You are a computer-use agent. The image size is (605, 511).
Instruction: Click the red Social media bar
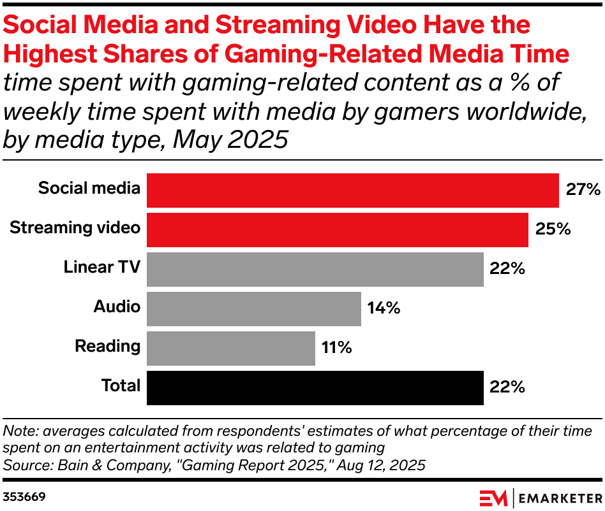[x=352, y=190]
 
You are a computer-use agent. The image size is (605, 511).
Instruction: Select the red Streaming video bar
[x=337, y=229]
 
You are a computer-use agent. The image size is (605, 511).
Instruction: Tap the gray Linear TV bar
[x=315, y=269]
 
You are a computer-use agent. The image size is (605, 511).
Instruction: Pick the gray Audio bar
[x=253, y=308]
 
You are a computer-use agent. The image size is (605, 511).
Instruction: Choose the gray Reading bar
[x=230, y=348]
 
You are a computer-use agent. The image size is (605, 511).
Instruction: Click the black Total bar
[x=315, y=387]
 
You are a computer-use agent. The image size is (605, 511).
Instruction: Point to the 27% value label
[x=583, y=190]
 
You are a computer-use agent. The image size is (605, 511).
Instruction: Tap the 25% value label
[x=552, y=229]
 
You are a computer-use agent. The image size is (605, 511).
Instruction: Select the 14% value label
[x=384, y=308]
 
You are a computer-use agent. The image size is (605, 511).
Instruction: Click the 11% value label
[x=336, y=348]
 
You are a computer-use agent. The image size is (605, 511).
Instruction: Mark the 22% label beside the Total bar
[x=507, y=387]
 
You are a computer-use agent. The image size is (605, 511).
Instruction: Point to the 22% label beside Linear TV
[x=507, y=269]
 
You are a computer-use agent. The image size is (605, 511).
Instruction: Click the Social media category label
[x=89, y=188]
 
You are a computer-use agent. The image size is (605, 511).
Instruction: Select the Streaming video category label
[x=75, y=227]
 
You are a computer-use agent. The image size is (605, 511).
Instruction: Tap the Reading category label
[x=107, y=346]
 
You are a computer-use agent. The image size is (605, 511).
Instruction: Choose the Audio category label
[x=117, y=306]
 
